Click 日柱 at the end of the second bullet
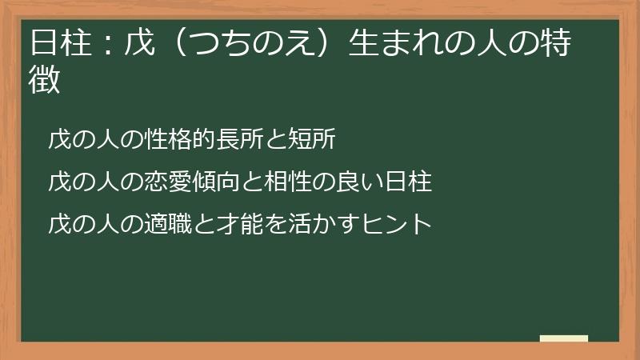click(407, 182)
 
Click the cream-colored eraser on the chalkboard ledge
click(564, 338)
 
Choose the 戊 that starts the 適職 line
click(59, 222)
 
